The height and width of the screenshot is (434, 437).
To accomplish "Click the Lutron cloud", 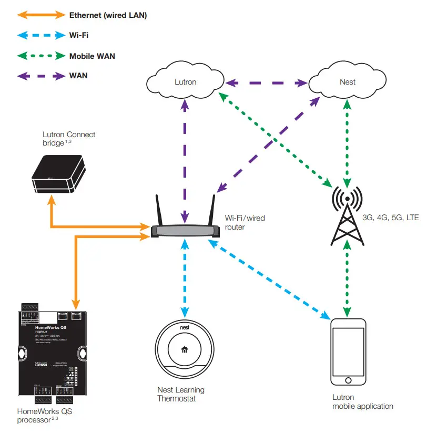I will (x=185, y=82).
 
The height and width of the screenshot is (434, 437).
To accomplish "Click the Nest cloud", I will (x=347, y=82).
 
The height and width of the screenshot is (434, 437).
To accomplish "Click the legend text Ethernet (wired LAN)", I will (x=108, y=16).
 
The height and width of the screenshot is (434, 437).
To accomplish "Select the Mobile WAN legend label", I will (x=92, y=56).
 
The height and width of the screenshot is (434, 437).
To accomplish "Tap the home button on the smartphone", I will (x=347, y=380).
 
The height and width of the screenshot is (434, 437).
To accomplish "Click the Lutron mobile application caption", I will (x=362, y=402).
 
